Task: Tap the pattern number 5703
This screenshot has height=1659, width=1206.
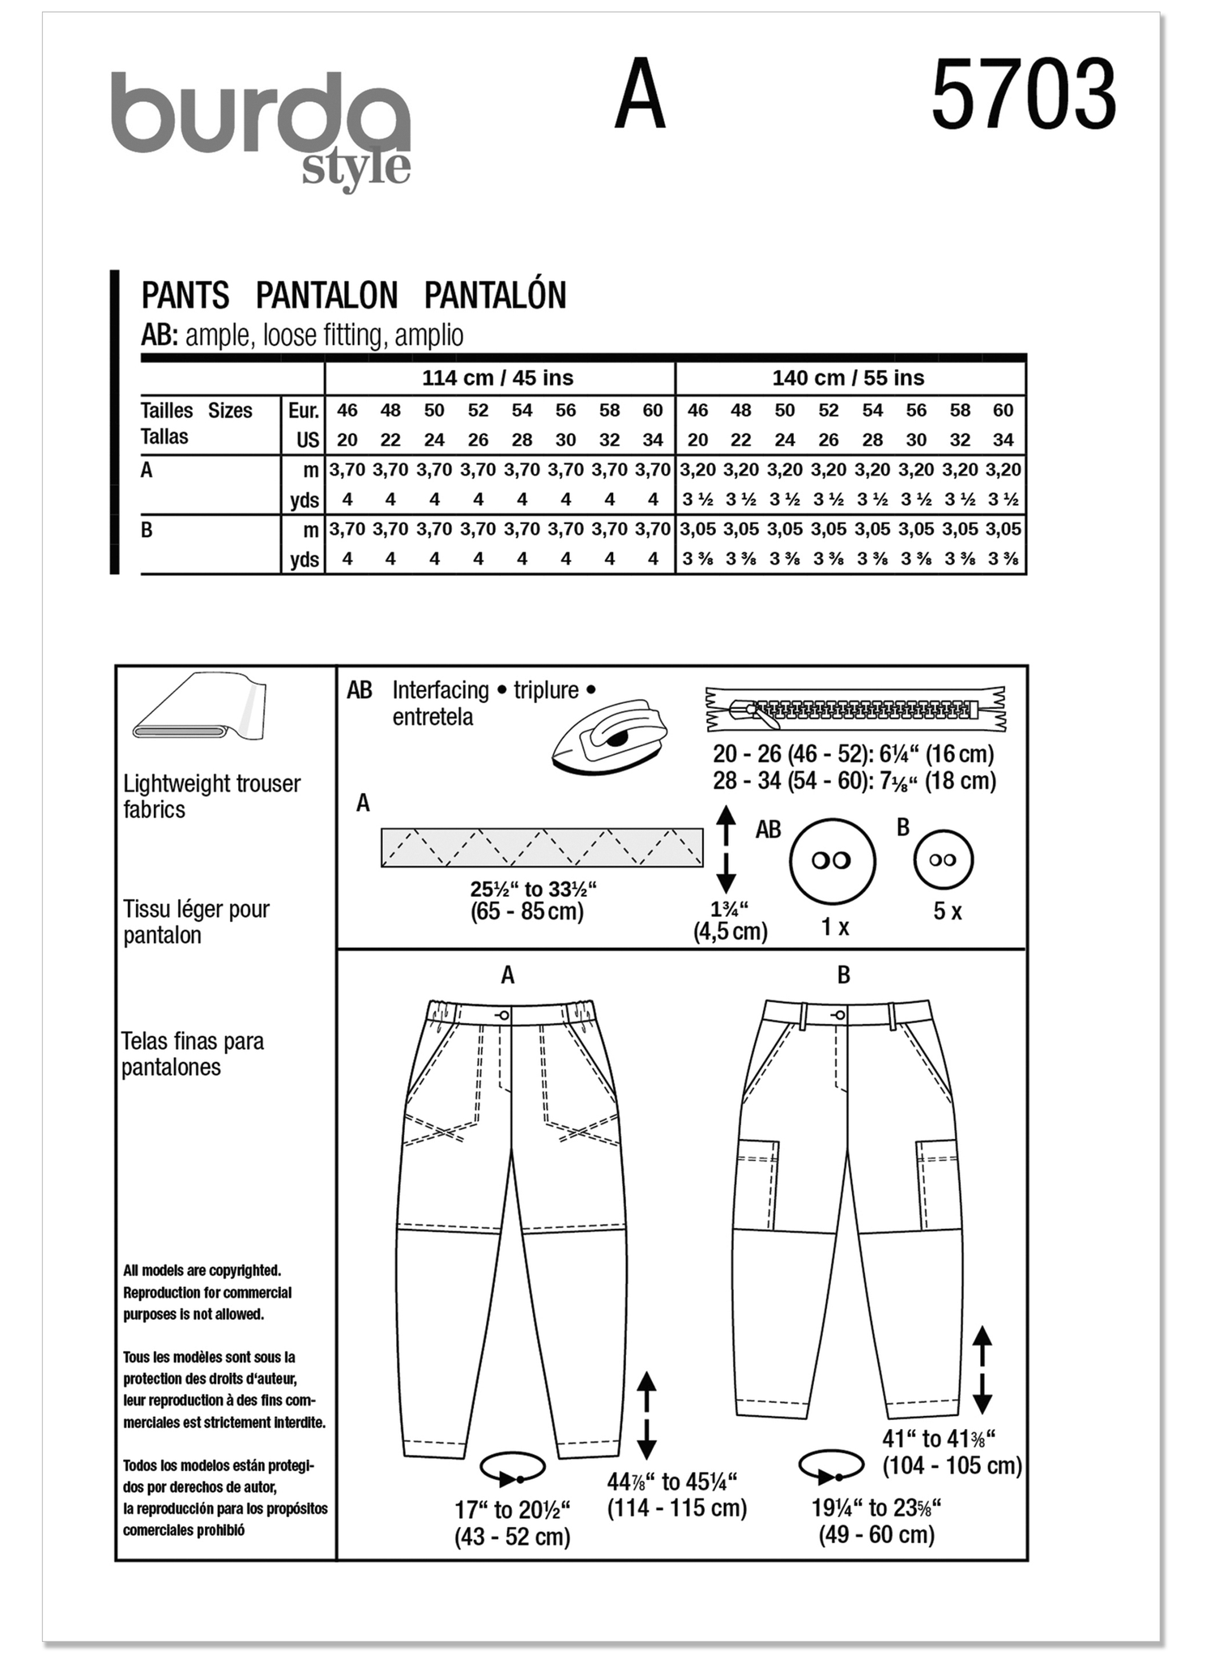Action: tap(1023, 96)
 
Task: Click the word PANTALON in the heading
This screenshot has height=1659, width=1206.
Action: tap(326, 296)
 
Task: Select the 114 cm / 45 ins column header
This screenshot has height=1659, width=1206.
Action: tap(497, 378)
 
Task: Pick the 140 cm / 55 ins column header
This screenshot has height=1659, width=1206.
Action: tap(848, 378)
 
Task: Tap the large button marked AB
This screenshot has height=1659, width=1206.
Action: tap(832, 860)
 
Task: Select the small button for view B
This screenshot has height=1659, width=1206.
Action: tap(943, 859)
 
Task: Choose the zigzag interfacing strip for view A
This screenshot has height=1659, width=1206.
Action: tap(542, 847)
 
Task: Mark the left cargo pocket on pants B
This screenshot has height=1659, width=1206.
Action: tap(758, 1183)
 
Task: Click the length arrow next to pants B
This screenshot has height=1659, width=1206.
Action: tap(982, 1371)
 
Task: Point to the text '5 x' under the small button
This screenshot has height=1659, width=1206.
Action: tap(947, 911)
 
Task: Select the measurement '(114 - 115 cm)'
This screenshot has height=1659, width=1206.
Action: tap(677, 1508)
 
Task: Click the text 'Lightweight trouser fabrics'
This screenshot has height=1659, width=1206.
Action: tap(211, 796)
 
